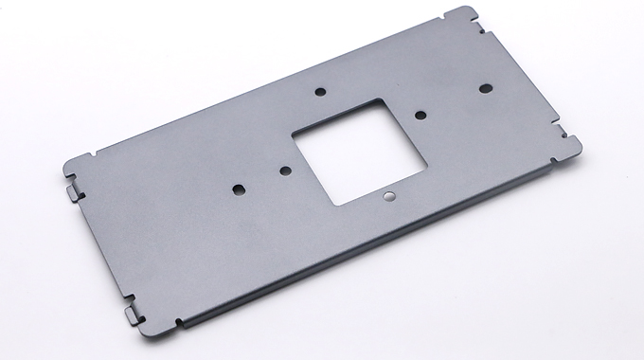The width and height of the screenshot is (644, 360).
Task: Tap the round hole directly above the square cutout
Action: point(320,92)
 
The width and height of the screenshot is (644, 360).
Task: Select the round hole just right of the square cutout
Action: point(420,115)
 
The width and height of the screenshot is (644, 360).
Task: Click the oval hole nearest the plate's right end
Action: point(485,87)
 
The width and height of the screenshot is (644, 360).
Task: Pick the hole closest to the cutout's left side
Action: point(285,171)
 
